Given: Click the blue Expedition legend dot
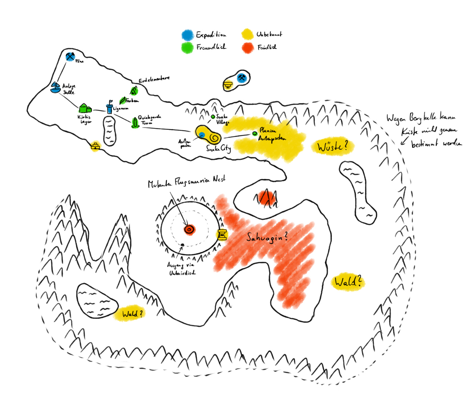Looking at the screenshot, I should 187,35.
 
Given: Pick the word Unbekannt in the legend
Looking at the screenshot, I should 269,34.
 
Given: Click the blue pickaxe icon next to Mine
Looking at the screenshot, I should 70,57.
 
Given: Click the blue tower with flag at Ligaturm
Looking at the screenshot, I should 109,107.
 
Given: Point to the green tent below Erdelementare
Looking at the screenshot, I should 134,90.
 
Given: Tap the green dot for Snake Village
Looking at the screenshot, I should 213,117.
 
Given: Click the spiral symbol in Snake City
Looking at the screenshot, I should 214,138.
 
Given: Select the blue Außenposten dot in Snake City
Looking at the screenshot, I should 202,135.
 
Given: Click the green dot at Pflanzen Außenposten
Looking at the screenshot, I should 255,133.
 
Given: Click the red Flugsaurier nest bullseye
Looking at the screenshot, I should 189,229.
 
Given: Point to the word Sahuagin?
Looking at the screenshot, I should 267,238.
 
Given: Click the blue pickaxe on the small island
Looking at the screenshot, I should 242,78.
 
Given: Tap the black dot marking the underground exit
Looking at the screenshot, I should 183,245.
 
